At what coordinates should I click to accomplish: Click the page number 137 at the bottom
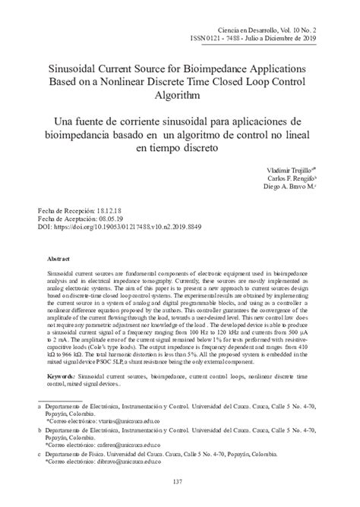pos(180,482)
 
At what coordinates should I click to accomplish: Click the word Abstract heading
pos(60,259)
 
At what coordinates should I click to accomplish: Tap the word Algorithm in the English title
pos(180,96)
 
